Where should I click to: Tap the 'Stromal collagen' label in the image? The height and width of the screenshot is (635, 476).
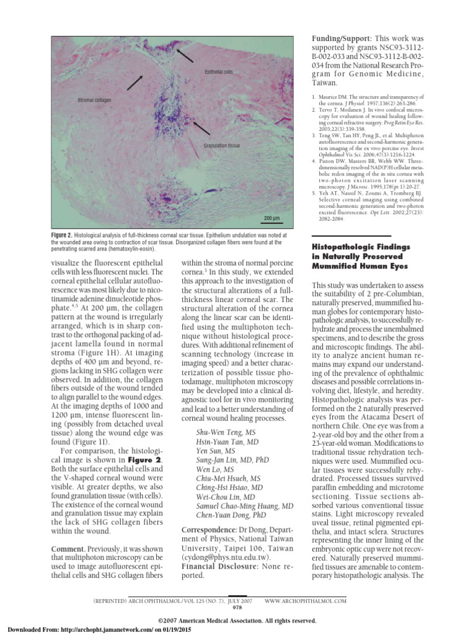point(95,100)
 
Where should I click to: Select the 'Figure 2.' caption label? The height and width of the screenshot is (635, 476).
point(62,236)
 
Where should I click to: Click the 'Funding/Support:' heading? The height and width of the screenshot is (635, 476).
point(338,38)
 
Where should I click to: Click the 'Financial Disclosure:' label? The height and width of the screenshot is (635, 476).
point(219,566)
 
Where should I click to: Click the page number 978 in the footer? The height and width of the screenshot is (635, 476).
point(237,608)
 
